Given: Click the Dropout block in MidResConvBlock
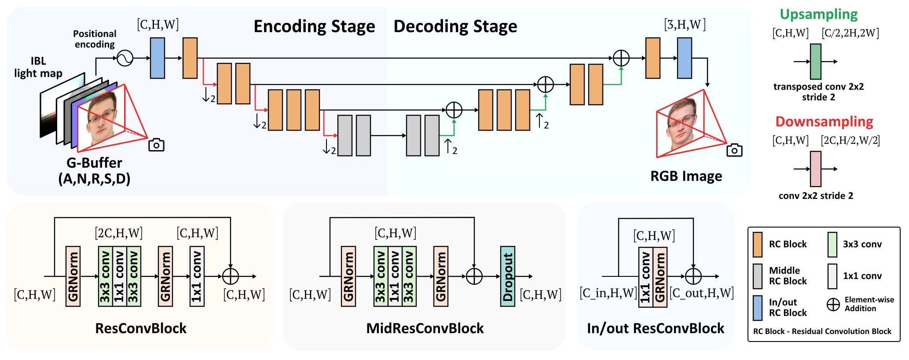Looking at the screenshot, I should [x=507, y=276].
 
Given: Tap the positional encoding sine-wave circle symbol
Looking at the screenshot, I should [x=125, y=58].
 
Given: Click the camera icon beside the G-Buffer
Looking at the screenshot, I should [x=156, y=145].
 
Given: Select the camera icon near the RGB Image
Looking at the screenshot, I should [x=734, y=150].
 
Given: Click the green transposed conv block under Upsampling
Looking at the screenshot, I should [x=815, y=62].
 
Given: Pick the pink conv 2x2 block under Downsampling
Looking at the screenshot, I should [x=815, y=169].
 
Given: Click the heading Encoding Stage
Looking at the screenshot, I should [x=314, y=26].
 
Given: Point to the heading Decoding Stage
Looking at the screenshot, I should [x=455, y=26].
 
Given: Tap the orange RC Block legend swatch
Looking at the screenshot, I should [x=757, y=244].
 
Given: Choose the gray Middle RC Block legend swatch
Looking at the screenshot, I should [x=757, y=276].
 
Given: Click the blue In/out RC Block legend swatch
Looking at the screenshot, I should [x=757, y=308].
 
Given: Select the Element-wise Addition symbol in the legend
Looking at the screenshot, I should [x=833, y=305].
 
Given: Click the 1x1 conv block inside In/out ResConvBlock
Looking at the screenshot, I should [x=645, y=276].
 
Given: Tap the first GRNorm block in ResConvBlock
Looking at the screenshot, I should [x=73, y=276].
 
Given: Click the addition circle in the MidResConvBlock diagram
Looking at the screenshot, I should [x=474, y=276].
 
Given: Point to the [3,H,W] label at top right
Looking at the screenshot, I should [x=685, y=25].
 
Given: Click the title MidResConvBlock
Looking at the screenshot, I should [x=425, y=328].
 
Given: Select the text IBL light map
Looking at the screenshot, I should [x=38, y=67].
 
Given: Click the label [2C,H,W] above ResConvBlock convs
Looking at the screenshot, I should [x=119, y=233].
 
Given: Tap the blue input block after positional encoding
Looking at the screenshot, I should [x=158, y=58].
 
